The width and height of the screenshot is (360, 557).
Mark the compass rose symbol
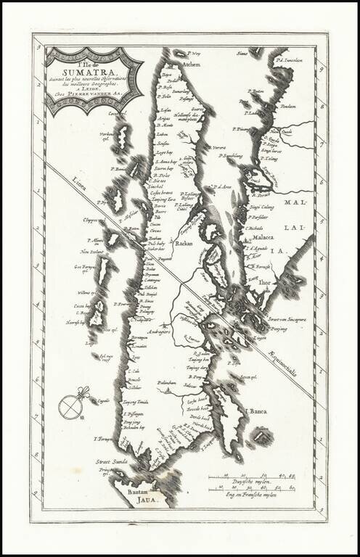click(x=71, y=407)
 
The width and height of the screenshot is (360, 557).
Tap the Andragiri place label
click(x=158, y=332)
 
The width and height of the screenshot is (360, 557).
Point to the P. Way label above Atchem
click(x=194, y=52)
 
